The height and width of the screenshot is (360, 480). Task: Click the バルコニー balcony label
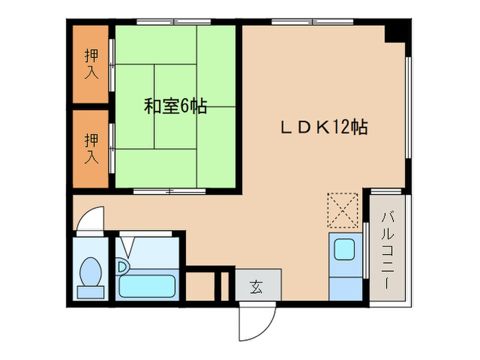[388, 250]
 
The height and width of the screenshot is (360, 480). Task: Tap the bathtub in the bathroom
[147, 286]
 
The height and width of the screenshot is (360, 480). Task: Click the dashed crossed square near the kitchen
[343, 210]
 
